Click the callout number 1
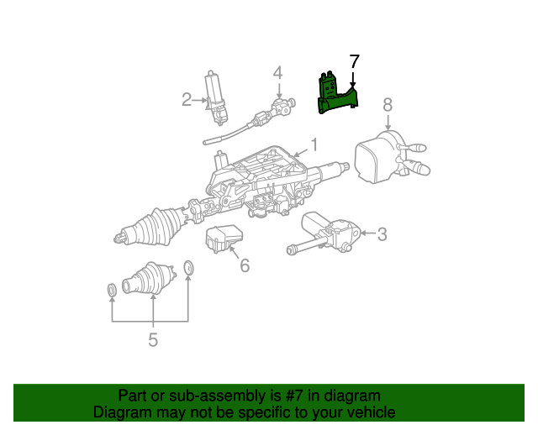tap(314, 144)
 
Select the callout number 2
tap(187, 101)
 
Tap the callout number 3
tap(382, 234)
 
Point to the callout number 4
tap(277, 75)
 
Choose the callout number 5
tap(153, 339)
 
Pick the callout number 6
tap(245, 265)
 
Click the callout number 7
tap(354, 61)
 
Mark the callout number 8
tap(388, 105)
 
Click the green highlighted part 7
tap(336, 95)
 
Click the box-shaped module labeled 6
tap(224, 238)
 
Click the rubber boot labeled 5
tap(148, 279)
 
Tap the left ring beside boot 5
tap(111, 291)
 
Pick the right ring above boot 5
tap(188, 268)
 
